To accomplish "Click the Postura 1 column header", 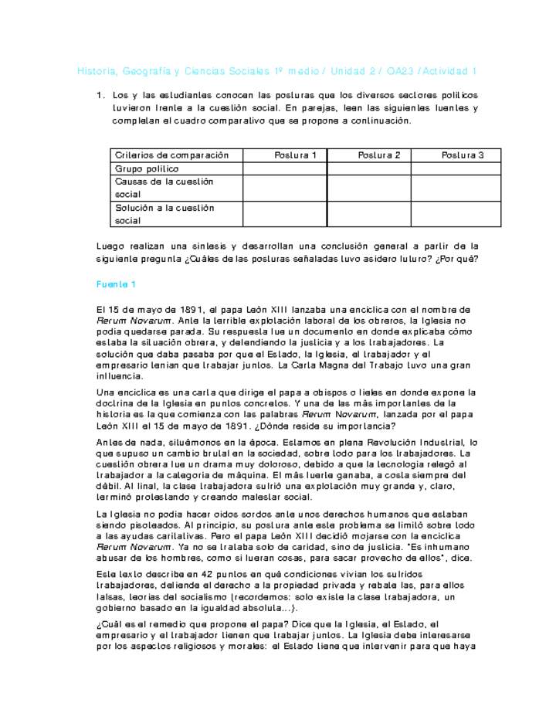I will point(295,155).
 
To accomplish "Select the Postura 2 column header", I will point(378,155).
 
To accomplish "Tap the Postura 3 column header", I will point(462,155).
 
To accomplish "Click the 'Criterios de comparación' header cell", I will point(172,155).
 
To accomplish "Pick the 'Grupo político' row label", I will point(147,168).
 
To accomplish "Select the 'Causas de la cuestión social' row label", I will point(164,188).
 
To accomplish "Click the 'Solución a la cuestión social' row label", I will point(164,214).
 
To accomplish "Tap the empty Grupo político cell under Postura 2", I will point(368,168).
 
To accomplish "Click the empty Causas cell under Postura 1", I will point(284,188).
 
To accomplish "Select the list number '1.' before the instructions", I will point(100,95).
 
